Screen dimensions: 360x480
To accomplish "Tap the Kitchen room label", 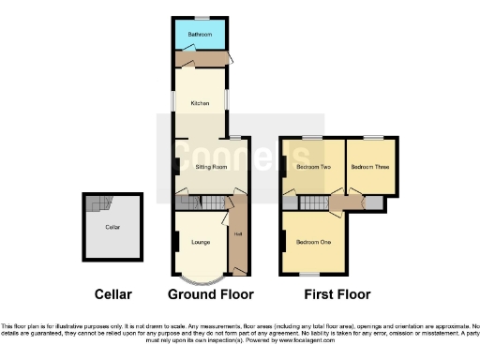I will coord(200,103).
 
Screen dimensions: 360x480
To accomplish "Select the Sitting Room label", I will coord(211,167).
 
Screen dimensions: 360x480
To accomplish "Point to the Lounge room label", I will coord(200,242).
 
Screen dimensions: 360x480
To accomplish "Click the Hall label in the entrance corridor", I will coord(238,234).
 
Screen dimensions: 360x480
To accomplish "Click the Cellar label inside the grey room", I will coord(112,227).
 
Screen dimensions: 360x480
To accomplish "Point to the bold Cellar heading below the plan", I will coord(113,293).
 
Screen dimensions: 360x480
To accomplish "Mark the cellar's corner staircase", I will coord(97,203).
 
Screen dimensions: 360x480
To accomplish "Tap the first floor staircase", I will coord(314,202).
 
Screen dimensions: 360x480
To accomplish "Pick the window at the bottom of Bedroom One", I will coord(307,275).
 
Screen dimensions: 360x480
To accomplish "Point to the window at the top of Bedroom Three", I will coord(373,137).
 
